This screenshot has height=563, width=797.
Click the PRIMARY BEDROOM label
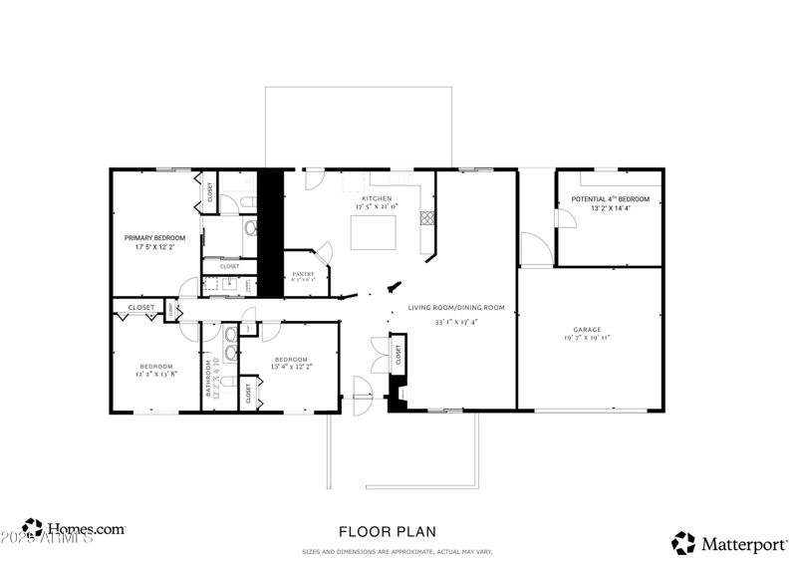tap(154, 237)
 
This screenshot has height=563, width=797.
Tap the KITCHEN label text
tap(376, 198)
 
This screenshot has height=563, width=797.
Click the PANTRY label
tap(303, 274)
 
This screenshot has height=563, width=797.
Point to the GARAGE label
tap(586, 329)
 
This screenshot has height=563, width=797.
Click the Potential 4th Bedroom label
tap(610, 199)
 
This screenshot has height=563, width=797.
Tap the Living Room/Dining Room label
tap(456, 307)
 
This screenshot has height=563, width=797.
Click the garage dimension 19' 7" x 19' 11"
tap(586, 339)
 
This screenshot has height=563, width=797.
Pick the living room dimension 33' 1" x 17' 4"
tap(456, 322)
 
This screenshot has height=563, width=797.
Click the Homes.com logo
tap(75, 529)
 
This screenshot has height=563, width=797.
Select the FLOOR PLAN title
tap(388, 532)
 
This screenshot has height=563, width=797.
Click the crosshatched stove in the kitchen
tap(425, 216)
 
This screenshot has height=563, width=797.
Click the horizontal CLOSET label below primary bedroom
tap(141, 308)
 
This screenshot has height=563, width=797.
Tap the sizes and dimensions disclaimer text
tap(398, 551)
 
